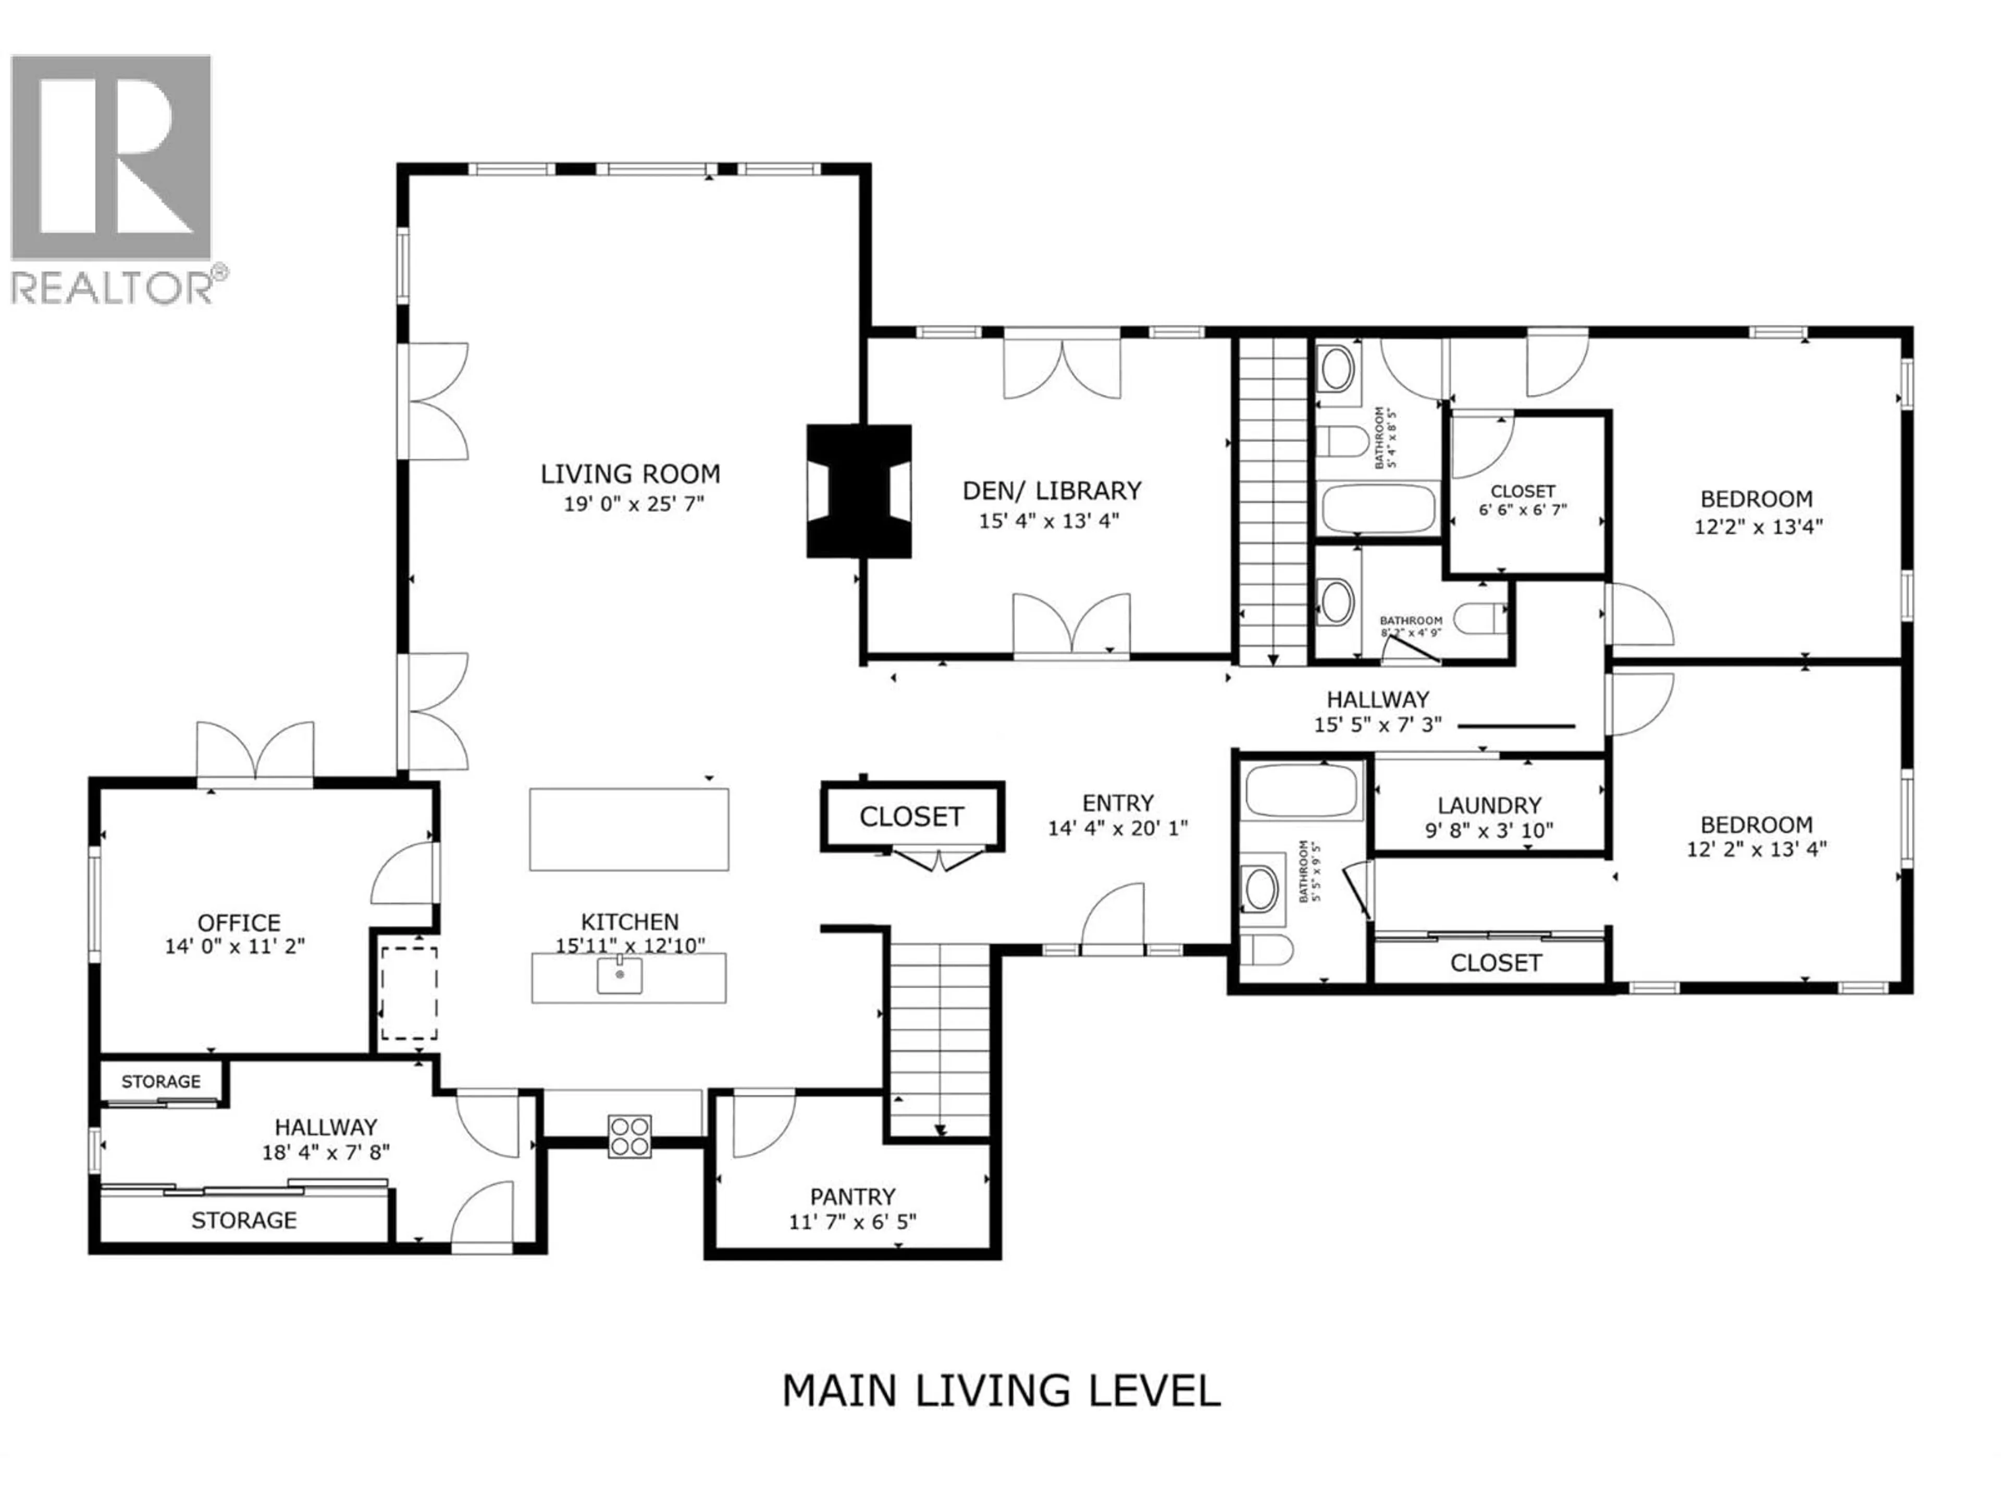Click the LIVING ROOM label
(x=631, y=474)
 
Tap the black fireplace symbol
(x=858, y=491)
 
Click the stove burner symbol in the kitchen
(x=629, y=1136)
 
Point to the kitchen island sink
(x=620, y=976)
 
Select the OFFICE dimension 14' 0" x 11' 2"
(x=235, y=947)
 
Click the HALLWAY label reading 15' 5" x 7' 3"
(x=1378, y=700)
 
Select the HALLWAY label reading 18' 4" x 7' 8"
(x=326, y=1128)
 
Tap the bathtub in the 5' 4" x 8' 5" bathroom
(x=1379, y=509)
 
